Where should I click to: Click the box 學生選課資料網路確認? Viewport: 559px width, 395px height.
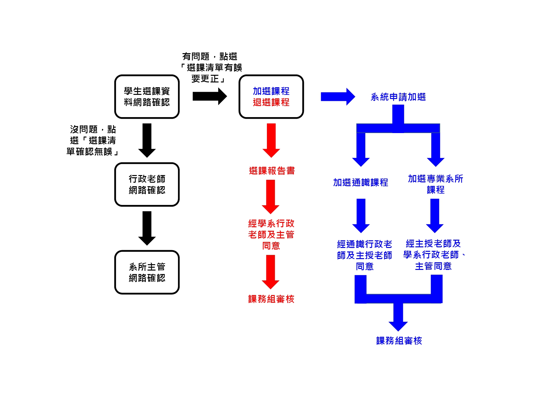(147, 97)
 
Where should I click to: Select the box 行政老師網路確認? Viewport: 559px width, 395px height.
(147, 185)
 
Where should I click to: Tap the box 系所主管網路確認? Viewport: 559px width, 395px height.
(147, 272)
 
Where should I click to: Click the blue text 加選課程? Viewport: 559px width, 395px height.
(271, 91)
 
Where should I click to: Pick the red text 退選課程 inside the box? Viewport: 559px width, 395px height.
(271, 102)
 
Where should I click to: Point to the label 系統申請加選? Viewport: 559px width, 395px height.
(398, 97)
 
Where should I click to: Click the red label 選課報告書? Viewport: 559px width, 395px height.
(272, 171)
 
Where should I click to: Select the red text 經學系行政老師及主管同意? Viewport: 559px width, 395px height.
(271, 235)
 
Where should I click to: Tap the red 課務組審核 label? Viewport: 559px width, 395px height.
(271, 299)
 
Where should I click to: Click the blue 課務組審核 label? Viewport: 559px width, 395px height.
(399, 341)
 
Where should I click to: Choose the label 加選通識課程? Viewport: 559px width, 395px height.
(361, 182)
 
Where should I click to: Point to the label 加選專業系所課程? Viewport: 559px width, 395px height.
(435, 184)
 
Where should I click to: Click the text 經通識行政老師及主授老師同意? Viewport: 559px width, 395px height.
(364, 255)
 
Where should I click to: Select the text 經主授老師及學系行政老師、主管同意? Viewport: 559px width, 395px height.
(434, 255)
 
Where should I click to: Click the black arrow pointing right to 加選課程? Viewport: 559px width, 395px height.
(210, 96)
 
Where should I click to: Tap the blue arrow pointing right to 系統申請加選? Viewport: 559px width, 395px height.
(338, 96)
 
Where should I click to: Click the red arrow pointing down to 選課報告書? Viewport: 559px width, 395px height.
(271, 140)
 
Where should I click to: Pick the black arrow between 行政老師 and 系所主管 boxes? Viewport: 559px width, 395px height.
(147, 228)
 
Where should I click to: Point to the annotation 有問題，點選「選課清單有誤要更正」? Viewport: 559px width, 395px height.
(210, 67)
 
